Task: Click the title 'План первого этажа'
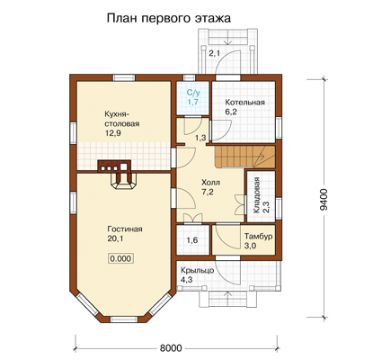tap(169, 18)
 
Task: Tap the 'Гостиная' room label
tap(125, 229)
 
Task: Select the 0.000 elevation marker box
tap(120, 258)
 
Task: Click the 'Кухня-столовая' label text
tap(122, 119)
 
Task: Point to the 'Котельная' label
tap(244, 103)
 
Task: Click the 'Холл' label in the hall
tap(210, 183)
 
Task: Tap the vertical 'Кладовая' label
tap(257, 195)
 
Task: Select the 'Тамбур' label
tap(258, 236)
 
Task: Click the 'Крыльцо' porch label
tap(197, 270)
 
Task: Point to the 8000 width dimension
tap(171, 348)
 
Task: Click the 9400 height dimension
tap(324, 200)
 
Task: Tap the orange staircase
tap(244, 157)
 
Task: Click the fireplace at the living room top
tap(124, 181)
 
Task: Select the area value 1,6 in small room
tap(192, 240)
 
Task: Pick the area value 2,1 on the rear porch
tap(215, 54)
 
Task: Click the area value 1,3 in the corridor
tap(200, 138)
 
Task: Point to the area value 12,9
tap(113, 133)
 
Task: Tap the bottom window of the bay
tap(124, 319)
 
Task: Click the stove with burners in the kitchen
tap(114, 166)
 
